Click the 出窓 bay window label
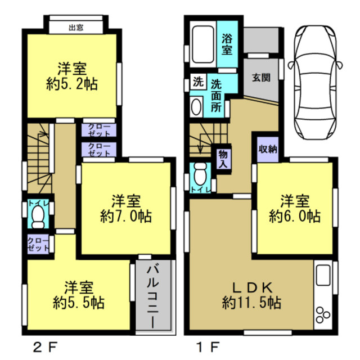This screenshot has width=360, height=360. (76, 27)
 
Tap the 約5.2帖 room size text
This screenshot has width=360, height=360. (71, 85)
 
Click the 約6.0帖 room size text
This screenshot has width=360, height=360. (295, 215)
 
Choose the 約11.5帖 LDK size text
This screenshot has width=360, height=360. (251, 302)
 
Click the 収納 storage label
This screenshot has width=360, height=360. (268, 149)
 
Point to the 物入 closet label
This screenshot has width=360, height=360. (223, 159)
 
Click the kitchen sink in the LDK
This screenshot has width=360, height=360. (325, 277)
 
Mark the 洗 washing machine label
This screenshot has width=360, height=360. (198, 80)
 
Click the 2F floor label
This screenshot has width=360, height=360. (42, 344)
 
